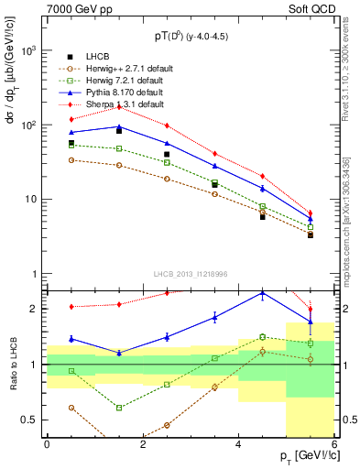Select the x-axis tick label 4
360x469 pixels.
pos(238,444)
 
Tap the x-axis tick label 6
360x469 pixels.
pos(334,444)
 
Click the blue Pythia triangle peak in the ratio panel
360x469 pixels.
pos(263,294)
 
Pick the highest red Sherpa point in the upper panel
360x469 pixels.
pos(119,107)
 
